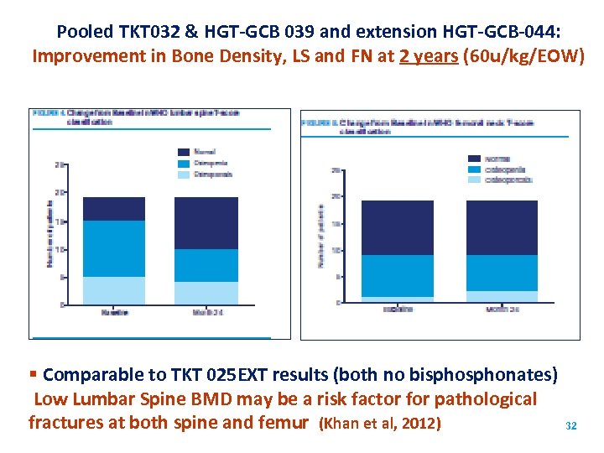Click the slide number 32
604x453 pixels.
(x=571, y=426)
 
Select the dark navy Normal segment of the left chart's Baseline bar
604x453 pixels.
(x=113, y=209)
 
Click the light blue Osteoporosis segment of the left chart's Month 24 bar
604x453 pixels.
(x=206, y=293)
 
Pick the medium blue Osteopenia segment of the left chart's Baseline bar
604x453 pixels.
(x=113, y=248)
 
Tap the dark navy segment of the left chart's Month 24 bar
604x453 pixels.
(x=206, y=223)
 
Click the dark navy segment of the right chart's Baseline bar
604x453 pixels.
(x=397, y=227)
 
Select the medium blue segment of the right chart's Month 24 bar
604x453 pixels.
(x=502, y=273)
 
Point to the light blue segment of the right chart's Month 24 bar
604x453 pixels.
(x=502, y=296)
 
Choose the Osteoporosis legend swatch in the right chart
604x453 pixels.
(x=474, y=180)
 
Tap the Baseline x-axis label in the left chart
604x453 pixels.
(x=114, y=312)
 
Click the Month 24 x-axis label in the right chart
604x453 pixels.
(x=502, y=310)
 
